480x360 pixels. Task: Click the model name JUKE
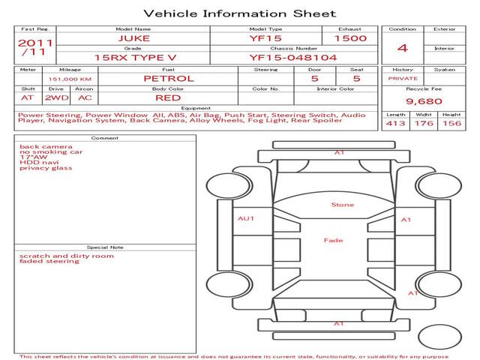[x=134, y=38]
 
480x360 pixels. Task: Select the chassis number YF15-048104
[x=293, y=58]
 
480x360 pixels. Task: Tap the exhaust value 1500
[x=350, y=38]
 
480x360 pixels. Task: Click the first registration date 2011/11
[x=35, y=47]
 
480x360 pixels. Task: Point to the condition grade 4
[x=403, y=48]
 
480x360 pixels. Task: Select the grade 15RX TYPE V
[x=135, y=58]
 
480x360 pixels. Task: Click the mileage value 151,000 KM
[x=70, y=79]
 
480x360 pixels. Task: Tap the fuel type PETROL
[x=169, y=79]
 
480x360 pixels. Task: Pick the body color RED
[x=168, y=98]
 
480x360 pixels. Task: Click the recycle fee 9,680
[x=424, y=101]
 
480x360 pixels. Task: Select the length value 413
[x=395, y=123]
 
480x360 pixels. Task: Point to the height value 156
[x=451, y=123]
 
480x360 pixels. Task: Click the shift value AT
[x=27, y=98]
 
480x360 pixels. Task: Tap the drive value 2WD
[x=57, y=98]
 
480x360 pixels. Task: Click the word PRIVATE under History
[x=403, y=79]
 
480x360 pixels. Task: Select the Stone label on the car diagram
[x=343, y=205]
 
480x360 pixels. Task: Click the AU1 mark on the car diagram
[x=246, y=218]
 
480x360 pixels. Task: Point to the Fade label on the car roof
[x=333, y=240]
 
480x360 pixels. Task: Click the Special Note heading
[x=105, y=247]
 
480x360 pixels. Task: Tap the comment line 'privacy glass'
[x=46, y=168]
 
